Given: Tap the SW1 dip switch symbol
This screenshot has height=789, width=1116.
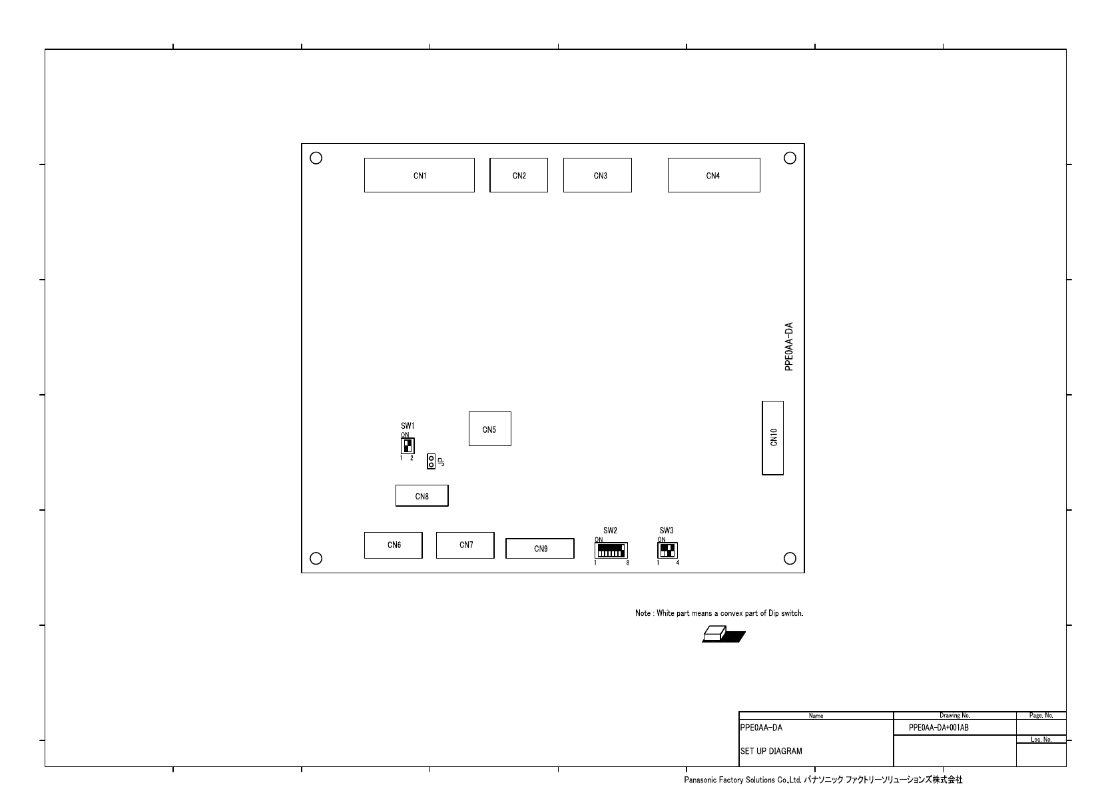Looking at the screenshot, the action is [x=408, y=445].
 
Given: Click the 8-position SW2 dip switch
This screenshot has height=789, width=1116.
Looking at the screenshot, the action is [x=611, y=551].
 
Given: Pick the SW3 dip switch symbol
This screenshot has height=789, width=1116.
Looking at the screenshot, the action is [x=667, y=551].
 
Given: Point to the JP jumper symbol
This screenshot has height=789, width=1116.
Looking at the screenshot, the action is [x=431, y=461].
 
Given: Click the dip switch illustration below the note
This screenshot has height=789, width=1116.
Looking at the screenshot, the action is [x=723, y=634].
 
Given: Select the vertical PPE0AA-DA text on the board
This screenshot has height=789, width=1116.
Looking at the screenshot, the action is [x=788, y=347].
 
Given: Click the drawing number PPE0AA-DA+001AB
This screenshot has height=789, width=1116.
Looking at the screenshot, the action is [x=939, y=728].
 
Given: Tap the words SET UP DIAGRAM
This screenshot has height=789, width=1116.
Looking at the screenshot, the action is [x=771, y=751].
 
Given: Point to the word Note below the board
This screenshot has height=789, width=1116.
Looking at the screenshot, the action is [x=643, y=613].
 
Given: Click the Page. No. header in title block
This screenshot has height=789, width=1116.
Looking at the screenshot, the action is [x=1041, y=715].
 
